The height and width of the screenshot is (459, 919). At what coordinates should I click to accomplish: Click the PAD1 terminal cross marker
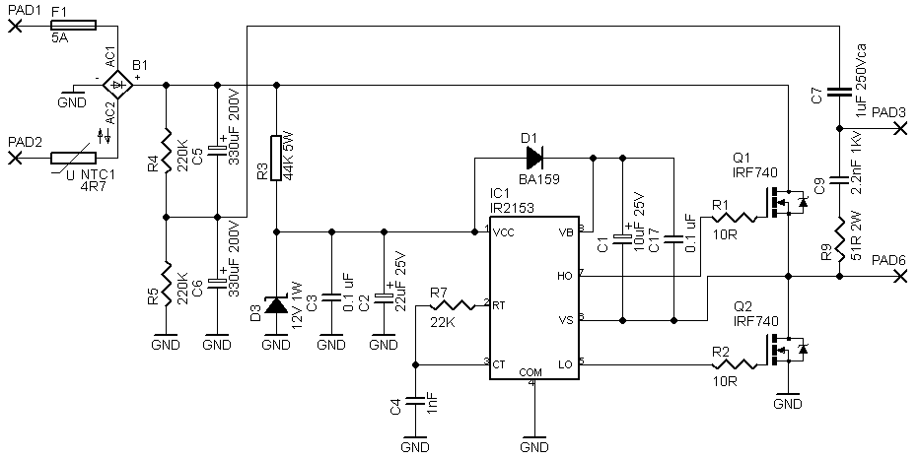[16, 26]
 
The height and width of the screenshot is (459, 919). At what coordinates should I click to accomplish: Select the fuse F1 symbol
[73, 26]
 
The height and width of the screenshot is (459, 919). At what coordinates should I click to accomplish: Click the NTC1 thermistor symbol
[73, 158]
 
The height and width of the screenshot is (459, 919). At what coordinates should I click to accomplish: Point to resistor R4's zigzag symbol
[166, 151]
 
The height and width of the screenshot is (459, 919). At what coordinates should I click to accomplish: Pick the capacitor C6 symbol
[218, 281]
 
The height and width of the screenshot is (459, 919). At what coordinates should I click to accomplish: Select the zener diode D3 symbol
[276, 304]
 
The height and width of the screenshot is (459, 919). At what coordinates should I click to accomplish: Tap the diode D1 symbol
[533, 158]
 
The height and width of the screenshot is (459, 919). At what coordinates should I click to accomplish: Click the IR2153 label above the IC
[512, 207]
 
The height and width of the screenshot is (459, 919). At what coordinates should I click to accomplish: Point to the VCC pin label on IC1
[504, 231]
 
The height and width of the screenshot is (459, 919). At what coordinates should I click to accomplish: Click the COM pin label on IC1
[531, 372]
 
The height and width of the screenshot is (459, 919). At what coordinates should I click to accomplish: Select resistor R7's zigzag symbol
[452, 305]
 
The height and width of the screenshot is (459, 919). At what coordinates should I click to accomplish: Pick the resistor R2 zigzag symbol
[734, 365]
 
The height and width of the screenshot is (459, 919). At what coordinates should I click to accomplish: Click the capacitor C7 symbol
[839, 92]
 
